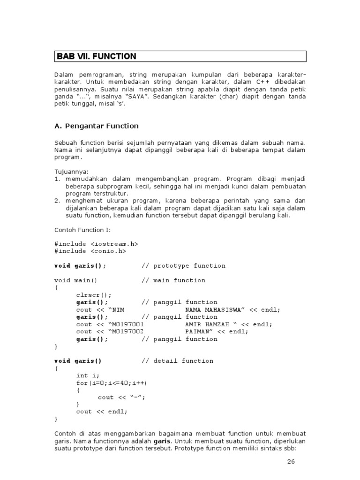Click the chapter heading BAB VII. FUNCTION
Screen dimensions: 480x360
coord(96,56)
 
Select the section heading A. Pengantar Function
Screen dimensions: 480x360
coord(97,126)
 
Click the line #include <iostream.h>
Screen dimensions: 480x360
coord(96,244)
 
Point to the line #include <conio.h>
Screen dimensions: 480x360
coord(90,251)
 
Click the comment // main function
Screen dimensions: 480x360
coord(173,280)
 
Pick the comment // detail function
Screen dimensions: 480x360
coord(177,361)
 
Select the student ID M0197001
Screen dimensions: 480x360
coord(128,324)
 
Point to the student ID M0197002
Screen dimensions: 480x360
coord(128,331)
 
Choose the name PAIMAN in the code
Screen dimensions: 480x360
coord(196,331)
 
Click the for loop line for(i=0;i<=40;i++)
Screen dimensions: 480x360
coord(108,383)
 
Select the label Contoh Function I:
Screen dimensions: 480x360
coord(81,230)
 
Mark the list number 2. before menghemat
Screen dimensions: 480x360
coord(57,201)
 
